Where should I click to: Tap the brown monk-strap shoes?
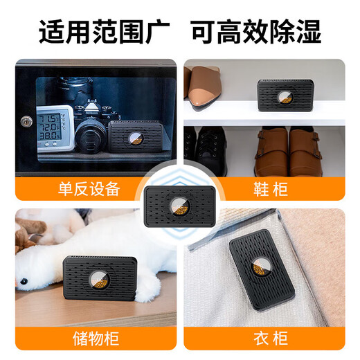(x=291, y=150)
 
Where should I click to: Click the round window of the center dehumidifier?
(x=180, y=206)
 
